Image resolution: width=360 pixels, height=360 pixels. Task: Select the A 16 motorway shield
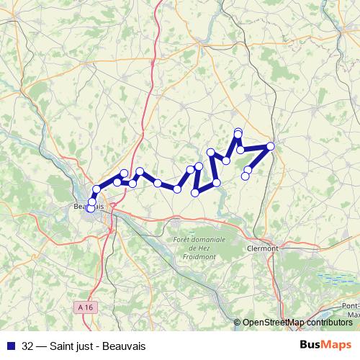tap(85, 307)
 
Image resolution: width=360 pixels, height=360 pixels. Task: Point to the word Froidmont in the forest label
tap(200, 255)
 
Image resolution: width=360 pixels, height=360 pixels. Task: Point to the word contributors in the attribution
tap(328, 323)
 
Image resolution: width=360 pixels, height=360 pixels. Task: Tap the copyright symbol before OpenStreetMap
tap(238, 323)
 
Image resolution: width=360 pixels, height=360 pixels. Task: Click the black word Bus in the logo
tap(310, 345)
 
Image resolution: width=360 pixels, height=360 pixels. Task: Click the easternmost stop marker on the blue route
tap(271, 146)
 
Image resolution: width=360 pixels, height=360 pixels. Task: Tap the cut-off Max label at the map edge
tap(353, 315)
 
